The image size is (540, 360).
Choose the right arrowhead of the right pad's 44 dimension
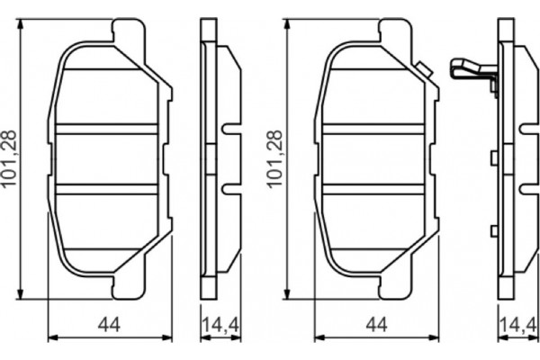(436, 337)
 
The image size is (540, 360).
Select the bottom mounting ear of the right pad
(392, 286)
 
